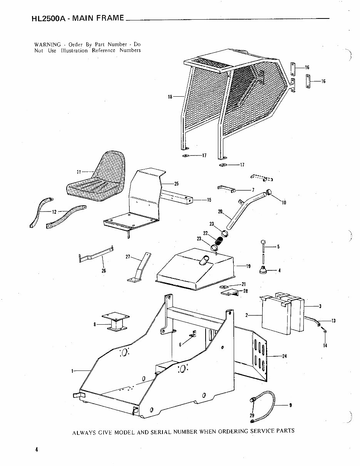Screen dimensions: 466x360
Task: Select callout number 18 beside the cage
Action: coord(170,97)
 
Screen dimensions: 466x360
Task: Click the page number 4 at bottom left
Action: coord(36,449)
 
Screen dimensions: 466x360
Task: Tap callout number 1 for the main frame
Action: coord(72,371)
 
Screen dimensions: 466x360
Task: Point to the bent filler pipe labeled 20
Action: coord(246,210)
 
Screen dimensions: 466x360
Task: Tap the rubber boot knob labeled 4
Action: coord(264,270)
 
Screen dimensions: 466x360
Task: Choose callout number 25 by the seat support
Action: coord(176,184)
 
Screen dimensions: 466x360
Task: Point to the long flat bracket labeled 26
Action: coord(96,255)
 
